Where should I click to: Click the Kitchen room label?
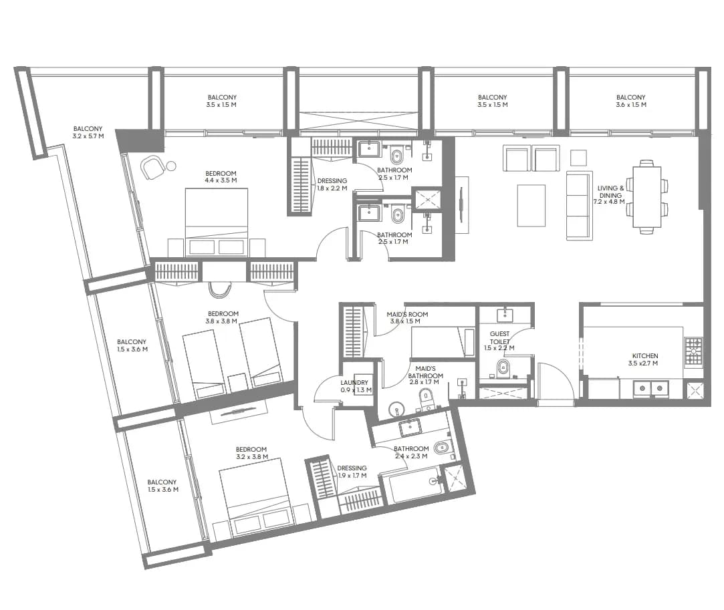pyautogui.click(x=645, y=359)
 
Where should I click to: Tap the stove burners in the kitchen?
pyautogui.click(x=693, y=352)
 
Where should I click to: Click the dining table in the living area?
pyautogui.click(x=646, y=196)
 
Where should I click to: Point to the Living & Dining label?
pyautogui.click(x=610, y=194)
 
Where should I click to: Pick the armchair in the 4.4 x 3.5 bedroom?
pyautogui.click(x=152, y=167)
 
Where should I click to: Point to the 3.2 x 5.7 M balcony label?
pyautogui.click(x=88, y=132)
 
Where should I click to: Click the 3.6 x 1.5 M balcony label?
pyautogui.click(x=630, y=101)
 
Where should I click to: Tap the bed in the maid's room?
pyautogui.click(x=443, y=341)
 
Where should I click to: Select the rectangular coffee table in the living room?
pyautogui.click(x=531, y=205)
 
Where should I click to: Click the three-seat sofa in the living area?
pyautogui.click(x=580, y=206)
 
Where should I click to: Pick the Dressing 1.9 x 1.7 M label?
pyautogui.click(x=352, y=472)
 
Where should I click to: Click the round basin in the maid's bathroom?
pyautogui.click(x=396, y=410)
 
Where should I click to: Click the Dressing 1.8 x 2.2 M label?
pyautogui.click(x=332, y=184)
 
